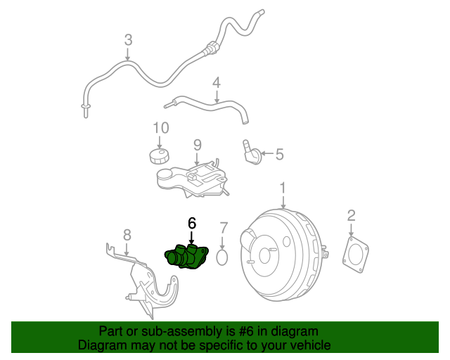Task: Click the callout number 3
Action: [x=128, y=40]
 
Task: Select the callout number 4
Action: [x=217, y=82]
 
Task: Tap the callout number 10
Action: [x=161, y=128]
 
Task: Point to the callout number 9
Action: [x=198, y=144]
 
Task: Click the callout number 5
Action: [x=279, y=154]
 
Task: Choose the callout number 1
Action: [x=283, y=188]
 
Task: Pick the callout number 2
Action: [x=351, y=215]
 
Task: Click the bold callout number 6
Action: [x=191, y=223]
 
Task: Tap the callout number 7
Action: [x=223, y=228]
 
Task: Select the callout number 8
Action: [x=127, y=234]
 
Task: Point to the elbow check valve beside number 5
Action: [x=252, y=152]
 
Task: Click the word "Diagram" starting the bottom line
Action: [x=101, y=345]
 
